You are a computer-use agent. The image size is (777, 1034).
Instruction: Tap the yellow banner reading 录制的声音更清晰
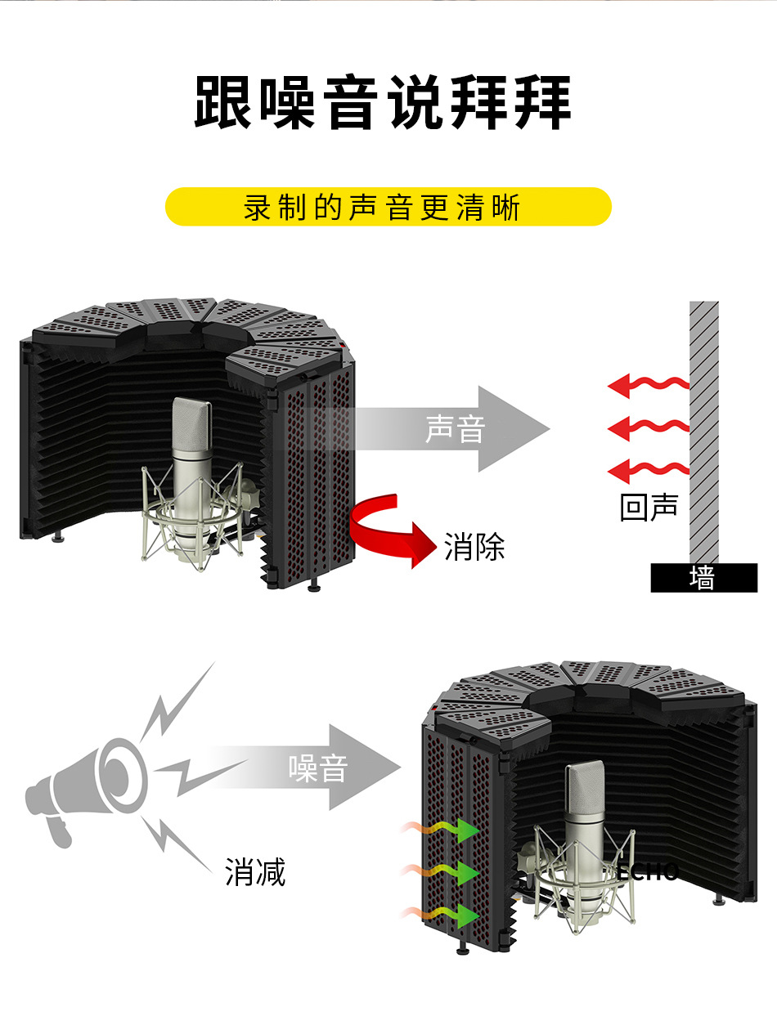coord(388,207)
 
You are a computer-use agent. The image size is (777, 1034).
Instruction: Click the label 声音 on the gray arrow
coord(455,428)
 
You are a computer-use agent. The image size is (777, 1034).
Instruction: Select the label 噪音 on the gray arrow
coord(318,768)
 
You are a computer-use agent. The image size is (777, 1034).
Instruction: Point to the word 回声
coord(649,507)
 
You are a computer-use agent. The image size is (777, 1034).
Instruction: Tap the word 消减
coord(255,872)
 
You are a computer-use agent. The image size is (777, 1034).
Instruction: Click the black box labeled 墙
coord(703,578)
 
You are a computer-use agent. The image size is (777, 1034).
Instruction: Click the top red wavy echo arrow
coord(649,383)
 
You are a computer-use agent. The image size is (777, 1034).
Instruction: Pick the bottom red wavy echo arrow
coord(649,470)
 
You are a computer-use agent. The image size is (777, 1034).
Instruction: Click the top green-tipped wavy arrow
coord(442,829)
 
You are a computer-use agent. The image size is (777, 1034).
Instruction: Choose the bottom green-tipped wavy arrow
coord(442,914)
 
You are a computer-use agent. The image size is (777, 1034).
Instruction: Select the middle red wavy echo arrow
coord(649,427)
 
